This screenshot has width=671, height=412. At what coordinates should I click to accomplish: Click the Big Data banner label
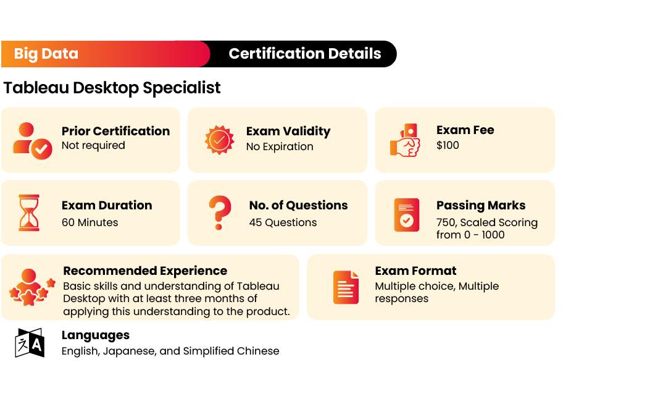point(46,54)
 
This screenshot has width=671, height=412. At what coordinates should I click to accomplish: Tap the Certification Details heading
point(305,54)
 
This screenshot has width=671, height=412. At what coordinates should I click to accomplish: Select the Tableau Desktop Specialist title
point(112,88)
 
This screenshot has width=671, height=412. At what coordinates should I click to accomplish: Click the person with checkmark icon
point(32,140)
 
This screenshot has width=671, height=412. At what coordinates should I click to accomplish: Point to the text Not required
point(93,146)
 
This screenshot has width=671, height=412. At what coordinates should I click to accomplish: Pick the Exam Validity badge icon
point(219,140)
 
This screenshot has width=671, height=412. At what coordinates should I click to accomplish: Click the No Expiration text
point(280,147)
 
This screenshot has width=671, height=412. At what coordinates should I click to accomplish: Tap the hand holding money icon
point(405,140)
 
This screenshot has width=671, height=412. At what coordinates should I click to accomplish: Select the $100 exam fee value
point(448,146)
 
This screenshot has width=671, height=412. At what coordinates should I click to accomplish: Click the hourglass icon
point(29,212)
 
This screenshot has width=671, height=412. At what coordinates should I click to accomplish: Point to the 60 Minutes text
point(90,222)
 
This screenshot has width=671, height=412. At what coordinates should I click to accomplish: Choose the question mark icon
point(219,212)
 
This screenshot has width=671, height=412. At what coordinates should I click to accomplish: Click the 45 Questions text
point(283,222)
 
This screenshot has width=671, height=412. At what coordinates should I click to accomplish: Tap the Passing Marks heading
point(481,205)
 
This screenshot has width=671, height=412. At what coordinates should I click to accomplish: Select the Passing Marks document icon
point(406,214)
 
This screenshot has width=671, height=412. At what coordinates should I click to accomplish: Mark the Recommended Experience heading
point(145,271)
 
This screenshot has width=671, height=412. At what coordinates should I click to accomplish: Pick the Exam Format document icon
point(346,287)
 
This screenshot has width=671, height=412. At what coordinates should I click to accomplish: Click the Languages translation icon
point(30,343)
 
